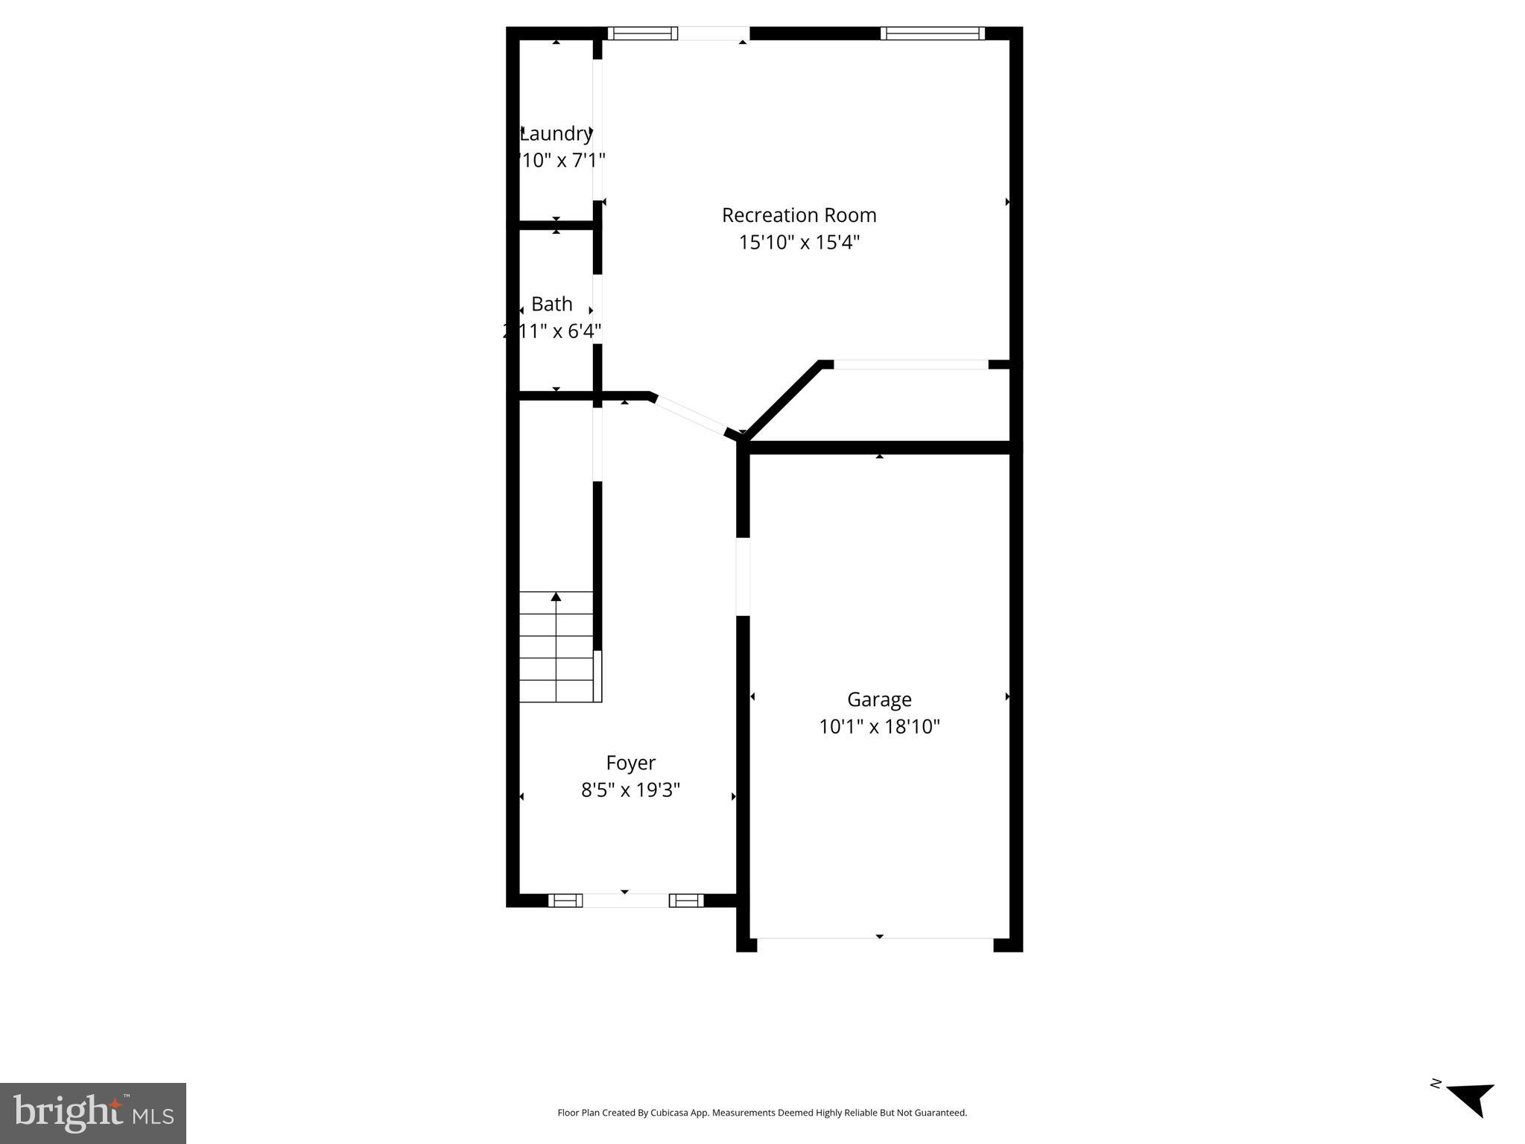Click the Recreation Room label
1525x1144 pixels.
tap(799, 215)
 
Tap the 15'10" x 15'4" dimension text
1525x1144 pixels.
tap(799, 243)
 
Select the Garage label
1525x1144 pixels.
tap(879, 699)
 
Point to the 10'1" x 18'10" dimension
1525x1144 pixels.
tap(879, 727)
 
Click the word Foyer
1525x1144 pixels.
tap(630, 763)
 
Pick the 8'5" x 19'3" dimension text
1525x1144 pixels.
tap(630, 790)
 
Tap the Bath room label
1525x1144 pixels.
tap(551, 304)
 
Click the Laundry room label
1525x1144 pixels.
tap(556, 134)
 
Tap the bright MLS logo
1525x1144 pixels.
tap(93, 1113)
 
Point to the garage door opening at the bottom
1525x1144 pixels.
tap(875, 938)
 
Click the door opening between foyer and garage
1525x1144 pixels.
tap(743, 576)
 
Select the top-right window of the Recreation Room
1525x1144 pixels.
tap(932, 34)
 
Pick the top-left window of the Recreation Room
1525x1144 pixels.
tap(642, 34)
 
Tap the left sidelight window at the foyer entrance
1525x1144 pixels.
tap(565, 900)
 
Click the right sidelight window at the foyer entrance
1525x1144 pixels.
tap(686, 900)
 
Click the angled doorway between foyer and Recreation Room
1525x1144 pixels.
tap(690, 416)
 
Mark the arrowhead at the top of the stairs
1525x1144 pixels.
tap(556, 597)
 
